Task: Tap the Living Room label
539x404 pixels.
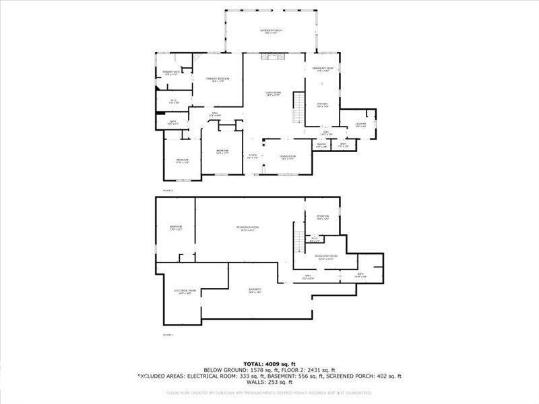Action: coord(273,94)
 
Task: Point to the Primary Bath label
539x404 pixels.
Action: coord(170,73)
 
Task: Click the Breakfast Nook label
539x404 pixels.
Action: coord(324,69)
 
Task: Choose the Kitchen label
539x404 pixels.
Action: coord(322,105)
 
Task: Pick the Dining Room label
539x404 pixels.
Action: coord(288,158)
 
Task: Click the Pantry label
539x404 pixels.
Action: coord(321,145)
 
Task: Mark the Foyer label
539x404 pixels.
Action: coord(253,158)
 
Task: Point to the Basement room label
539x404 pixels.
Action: coord(255,291)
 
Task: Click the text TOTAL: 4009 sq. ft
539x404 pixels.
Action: coord(269,364)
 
